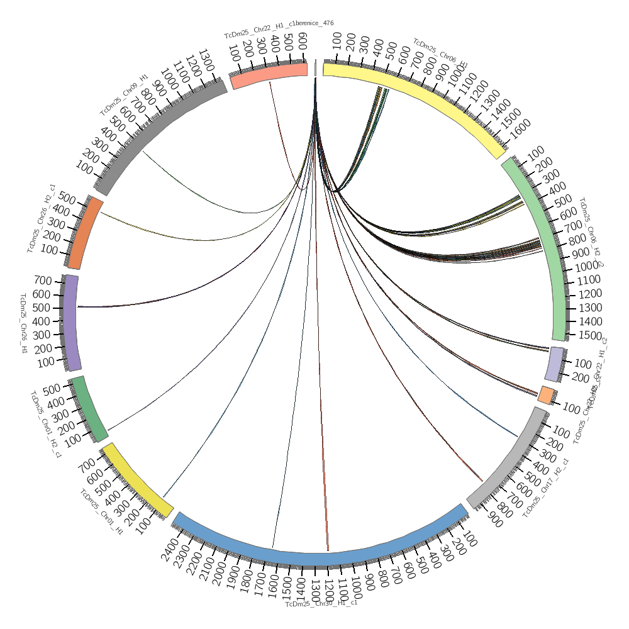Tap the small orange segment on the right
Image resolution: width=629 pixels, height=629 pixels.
546,395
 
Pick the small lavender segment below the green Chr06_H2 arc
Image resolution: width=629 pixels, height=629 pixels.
555,364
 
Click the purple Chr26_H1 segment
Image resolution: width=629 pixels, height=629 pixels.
70,322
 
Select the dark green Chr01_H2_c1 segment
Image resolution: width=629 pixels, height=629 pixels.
89,408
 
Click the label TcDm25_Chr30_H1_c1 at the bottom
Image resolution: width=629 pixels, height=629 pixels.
321,604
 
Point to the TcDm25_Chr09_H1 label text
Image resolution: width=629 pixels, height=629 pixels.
124,95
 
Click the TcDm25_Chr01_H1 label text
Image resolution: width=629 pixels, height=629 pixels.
101,512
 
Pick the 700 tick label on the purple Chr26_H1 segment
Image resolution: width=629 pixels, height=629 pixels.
42,281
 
